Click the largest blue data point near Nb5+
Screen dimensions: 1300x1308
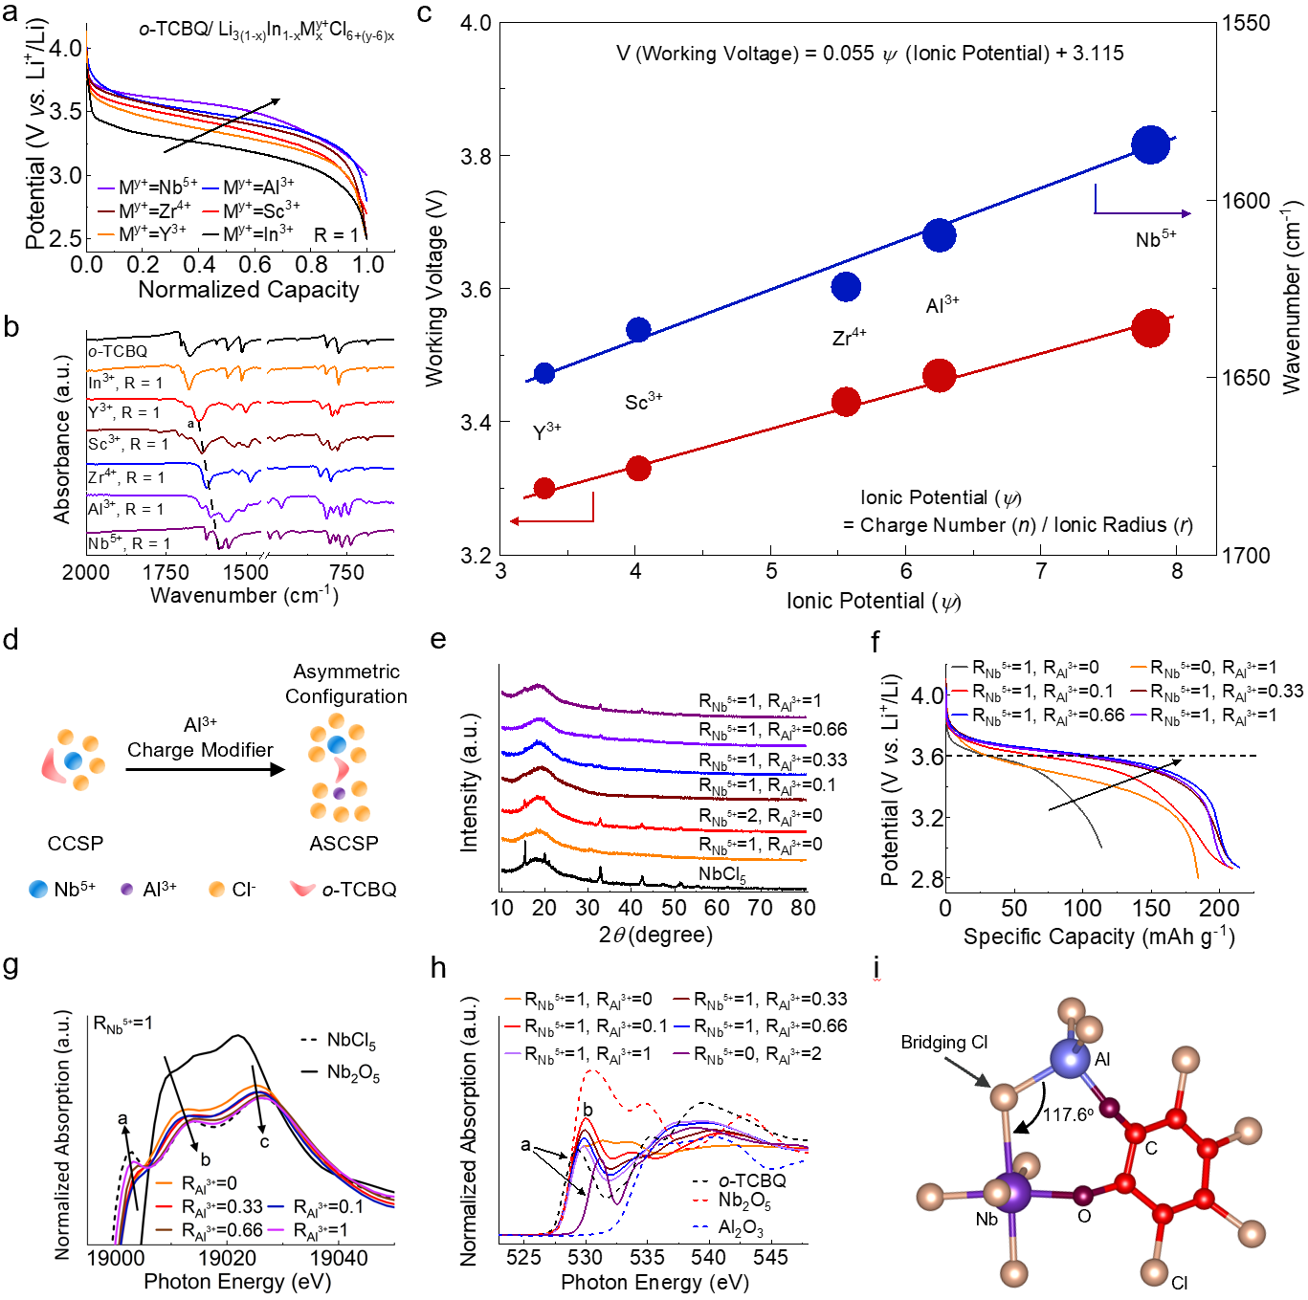click(1150, 144)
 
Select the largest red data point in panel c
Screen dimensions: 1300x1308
click(1150, 328)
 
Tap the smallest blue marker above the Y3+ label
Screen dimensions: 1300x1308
click(544, 373)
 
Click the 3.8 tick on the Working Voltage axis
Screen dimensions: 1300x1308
click(476, 156)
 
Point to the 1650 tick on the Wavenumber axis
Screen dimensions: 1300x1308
click(1246, 378)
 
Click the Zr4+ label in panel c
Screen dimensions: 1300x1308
click(849, 337)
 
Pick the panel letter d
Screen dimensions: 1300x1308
click(11, 639)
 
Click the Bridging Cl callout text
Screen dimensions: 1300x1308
click(943, 1043)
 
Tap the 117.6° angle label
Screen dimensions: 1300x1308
click(1068, 1114)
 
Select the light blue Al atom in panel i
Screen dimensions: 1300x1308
click(1069, 1058)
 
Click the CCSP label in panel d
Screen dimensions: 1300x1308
click(76, 844)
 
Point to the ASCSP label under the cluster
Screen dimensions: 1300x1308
click(344, 844)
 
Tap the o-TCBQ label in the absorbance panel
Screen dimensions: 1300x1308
click(118, 351)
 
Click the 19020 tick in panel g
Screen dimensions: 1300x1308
click(228, 1258)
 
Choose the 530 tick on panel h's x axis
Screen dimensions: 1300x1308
click(586, 1258)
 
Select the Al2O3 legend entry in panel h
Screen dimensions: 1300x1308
click(741, 1228)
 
